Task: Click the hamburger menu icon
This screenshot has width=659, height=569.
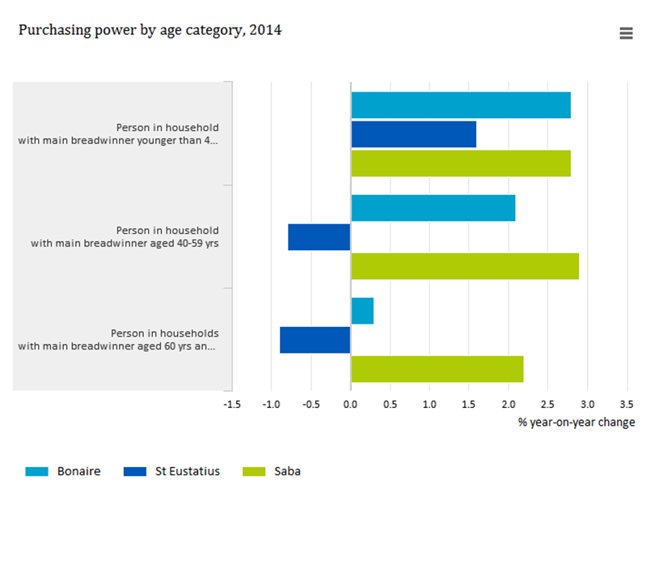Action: tap(626, 33)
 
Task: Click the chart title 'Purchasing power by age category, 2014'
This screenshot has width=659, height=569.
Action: tap(150, 30)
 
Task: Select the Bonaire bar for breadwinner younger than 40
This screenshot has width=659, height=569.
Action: tap(461, 105)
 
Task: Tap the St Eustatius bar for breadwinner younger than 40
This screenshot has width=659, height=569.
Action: tap(413, 134)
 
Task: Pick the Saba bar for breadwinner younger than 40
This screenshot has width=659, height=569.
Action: tap(461, 163)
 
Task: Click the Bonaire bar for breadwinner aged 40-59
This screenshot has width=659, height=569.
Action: tap(433, 208)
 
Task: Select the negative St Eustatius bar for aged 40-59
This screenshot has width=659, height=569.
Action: tap(319, 237)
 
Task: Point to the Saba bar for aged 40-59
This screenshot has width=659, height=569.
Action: tap(465, 266)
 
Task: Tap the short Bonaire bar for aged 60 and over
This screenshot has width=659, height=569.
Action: tap(362, 311)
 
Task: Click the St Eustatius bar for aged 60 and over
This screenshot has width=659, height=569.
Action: tap(315, 340)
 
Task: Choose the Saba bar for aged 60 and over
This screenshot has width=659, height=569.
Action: tap(437, 369)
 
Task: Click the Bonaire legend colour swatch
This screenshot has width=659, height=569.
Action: tap(36, 471)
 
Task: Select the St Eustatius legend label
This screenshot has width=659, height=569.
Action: tap(188, 471)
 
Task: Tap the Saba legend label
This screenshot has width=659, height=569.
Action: tap(288, 471)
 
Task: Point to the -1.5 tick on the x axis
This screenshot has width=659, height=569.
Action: tap(232, 405)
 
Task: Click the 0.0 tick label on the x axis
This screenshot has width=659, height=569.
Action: tap(350, 405)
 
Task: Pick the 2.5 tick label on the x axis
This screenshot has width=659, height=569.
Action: tap(547, 405)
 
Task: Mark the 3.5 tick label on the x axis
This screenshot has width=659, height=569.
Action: tap(627, 405)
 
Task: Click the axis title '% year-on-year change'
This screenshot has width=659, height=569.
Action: tap(577, 423)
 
